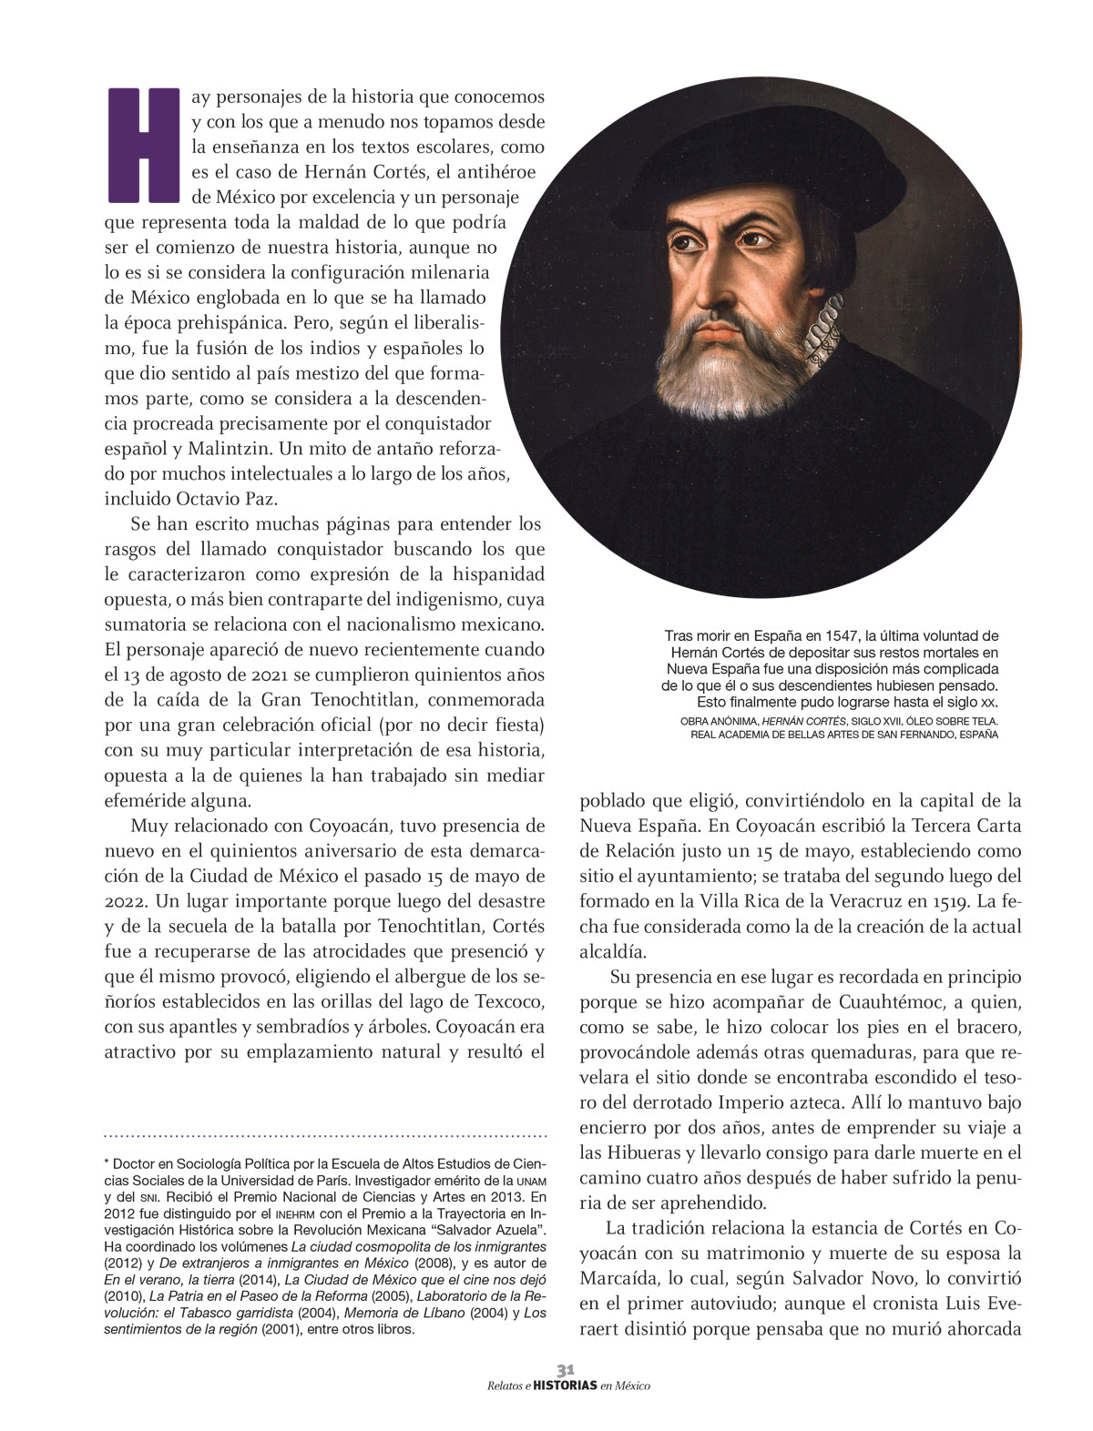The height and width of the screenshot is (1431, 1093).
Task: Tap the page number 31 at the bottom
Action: pyautogui.click(x=566, y=1369)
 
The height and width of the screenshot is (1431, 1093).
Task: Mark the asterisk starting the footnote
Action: pyautogui.click(x=107, y=1163)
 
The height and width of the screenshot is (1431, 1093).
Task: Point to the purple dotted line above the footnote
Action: pyautogui.click(x=326, y=1135)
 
